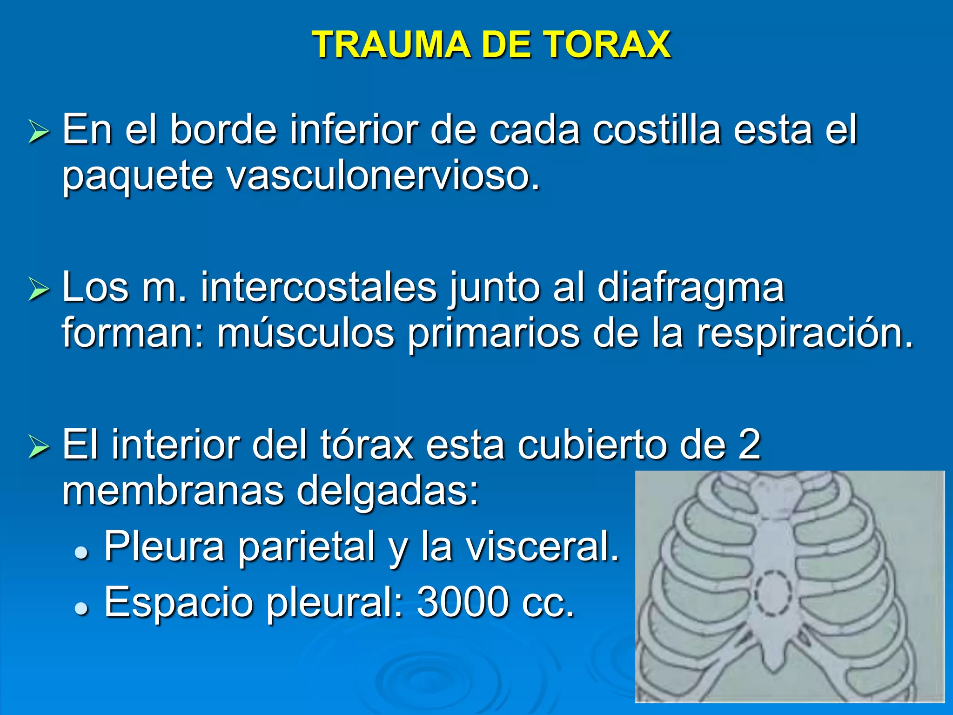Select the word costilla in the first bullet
click(656, 130)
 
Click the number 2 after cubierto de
click(749, 445)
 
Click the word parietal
click(307, 547)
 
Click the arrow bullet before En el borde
click(39, 132)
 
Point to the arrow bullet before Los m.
click(39, 289)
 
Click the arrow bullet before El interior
click(39, 446)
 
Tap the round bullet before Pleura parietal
click(81, 552)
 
